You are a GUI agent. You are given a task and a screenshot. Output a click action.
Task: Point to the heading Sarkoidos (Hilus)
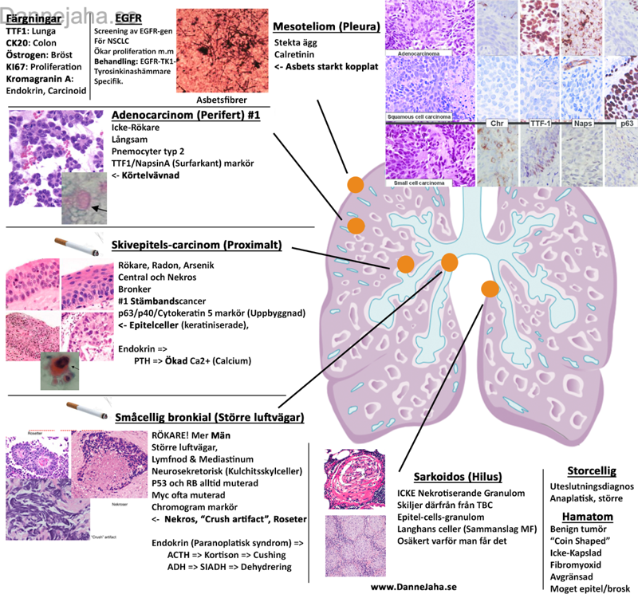(443, 471)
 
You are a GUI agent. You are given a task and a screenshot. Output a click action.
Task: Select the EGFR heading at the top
(129, 16)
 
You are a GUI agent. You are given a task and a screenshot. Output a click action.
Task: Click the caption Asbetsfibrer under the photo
(221, 100)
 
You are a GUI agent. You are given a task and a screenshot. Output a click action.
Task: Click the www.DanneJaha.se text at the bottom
(414, 586)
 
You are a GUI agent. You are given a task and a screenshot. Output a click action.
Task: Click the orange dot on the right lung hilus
(490, 287)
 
